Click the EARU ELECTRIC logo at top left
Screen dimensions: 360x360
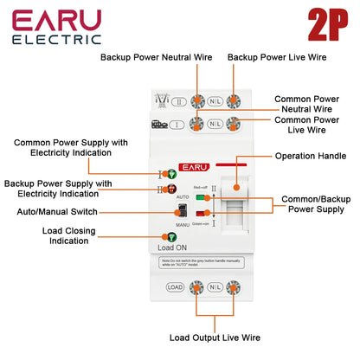click(x=57, y=27)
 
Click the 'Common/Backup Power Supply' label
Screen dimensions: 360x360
click(x=318, y=203)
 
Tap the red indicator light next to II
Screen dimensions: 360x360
click(x=170, y=188)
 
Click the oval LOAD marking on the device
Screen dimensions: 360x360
click(x=173, y=286)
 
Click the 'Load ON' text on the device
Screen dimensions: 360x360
click(x=173, y=248)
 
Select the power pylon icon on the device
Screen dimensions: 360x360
click(x=158, y=100)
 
